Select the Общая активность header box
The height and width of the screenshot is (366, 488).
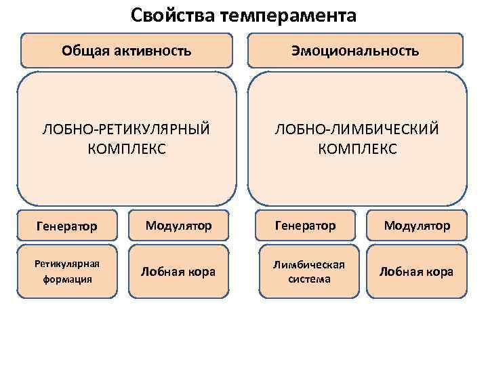click(127, 51)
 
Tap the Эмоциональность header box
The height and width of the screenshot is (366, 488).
click(355, 51)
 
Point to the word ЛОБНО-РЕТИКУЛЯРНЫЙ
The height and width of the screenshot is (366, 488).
click(127, 129)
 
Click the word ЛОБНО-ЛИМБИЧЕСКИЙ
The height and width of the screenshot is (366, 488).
click(357, 129)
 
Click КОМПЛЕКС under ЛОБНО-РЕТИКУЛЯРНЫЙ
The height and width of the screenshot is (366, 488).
click(127, 148)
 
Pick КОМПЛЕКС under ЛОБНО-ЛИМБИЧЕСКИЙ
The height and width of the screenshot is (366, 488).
click(357, 148)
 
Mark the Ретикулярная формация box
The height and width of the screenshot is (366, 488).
click(67, 271)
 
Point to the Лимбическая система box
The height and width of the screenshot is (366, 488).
click(305, 271)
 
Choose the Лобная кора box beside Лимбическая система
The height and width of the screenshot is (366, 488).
click(417, 271)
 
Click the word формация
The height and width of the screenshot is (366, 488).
click(66, 279)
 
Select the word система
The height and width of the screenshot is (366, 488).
click(305, 279)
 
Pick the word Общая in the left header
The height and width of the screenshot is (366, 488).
click(80, 51)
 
